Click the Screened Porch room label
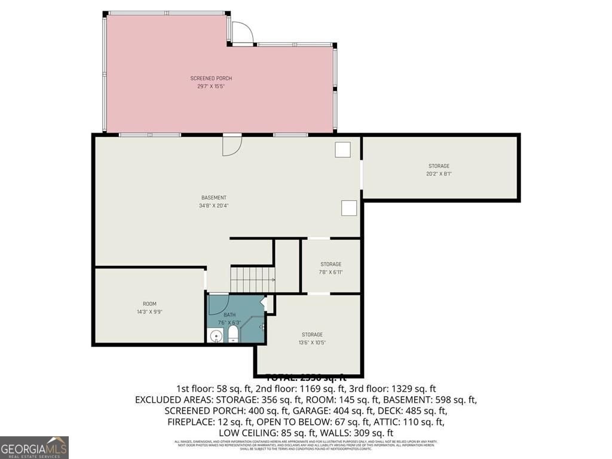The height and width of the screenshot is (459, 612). [211, 78]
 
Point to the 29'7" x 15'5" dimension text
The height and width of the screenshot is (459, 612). [211, 86]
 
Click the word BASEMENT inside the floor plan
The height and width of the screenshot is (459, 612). [213, 198]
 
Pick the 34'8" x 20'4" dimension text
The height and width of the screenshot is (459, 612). [213, 206]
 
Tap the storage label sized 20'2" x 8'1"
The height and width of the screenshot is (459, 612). [439, 166]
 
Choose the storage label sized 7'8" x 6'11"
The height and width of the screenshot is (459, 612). [331, 264]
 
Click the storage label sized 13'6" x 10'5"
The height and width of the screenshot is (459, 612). [312, 335]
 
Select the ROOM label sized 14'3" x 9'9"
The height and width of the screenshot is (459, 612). [149, 304]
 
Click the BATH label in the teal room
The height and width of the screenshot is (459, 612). [229, 315]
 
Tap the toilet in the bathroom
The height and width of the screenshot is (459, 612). [232, 336]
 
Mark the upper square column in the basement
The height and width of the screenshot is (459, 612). [342, 149]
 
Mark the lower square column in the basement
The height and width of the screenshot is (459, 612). [349, 207]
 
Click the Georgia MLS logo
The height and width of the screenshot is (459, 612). [35, 447]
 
